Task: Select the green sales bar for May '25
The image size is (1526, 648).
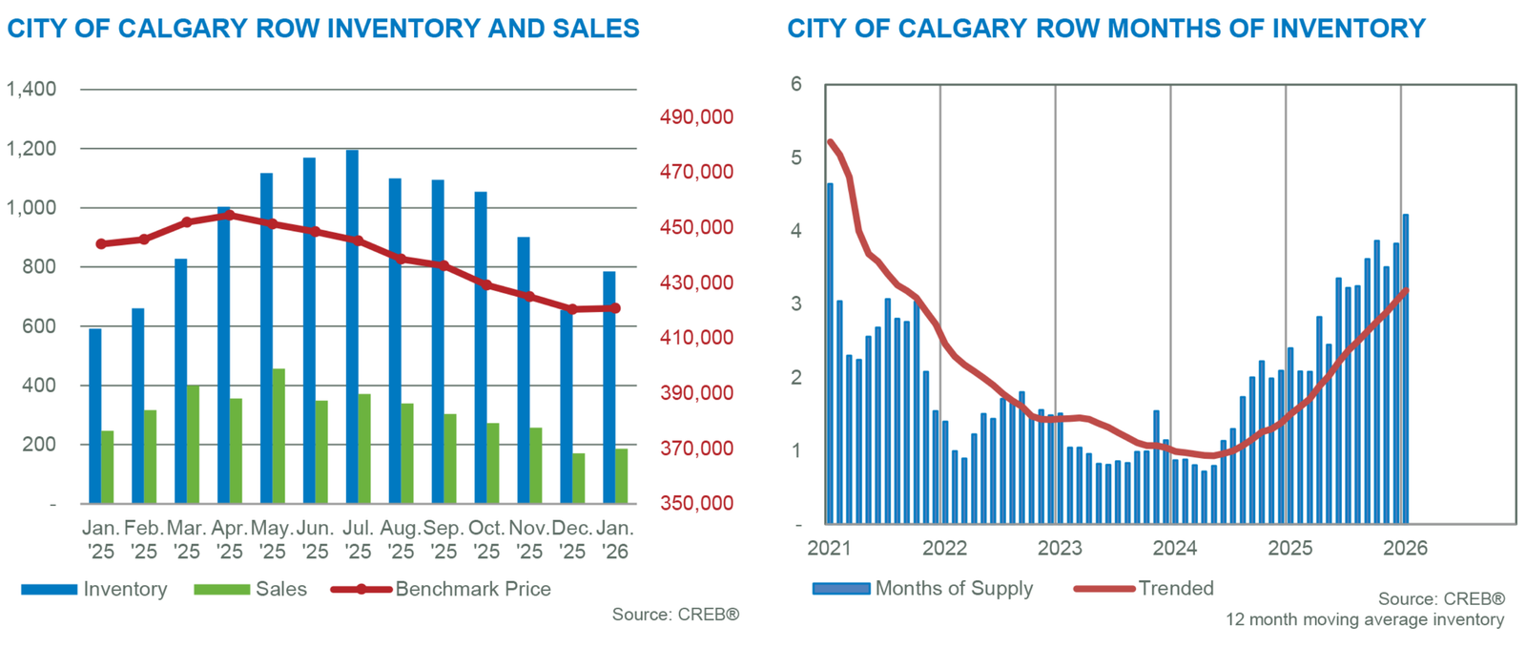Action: [x=278, y=436]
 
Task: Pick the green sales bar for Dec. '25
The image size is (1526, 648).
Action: [x=578, y=478]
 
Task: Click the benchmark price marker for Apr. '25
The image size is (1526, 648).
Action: [x=229, y=216]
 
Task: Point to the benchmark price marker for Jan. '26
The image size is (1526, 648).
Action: [x=615, y=308]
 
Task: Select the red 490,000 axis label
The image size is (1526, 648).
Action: [x=697, y=117]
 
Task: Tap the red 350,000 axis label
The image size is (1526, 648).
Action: [x=697, y=503]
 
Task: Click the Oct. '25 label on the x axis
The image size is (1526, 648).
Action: [x=486, y=539]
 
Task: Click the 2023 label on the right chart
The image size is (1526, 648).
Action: [x=1060, y=548]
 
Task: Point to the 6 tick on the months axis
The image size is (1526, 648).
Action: [x=796, y=85]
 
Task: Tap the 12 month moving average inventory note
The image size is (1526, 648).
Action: [x=1365, y=620]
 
